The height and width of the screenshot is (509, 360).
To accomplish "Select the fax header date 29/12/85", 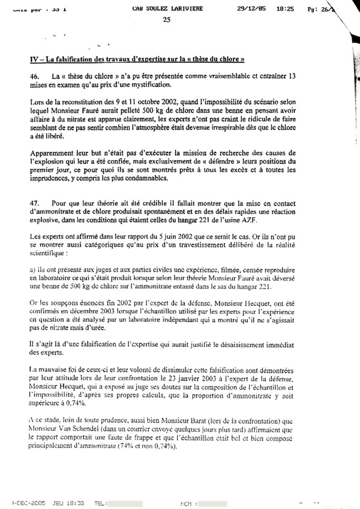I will (252, 8).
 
